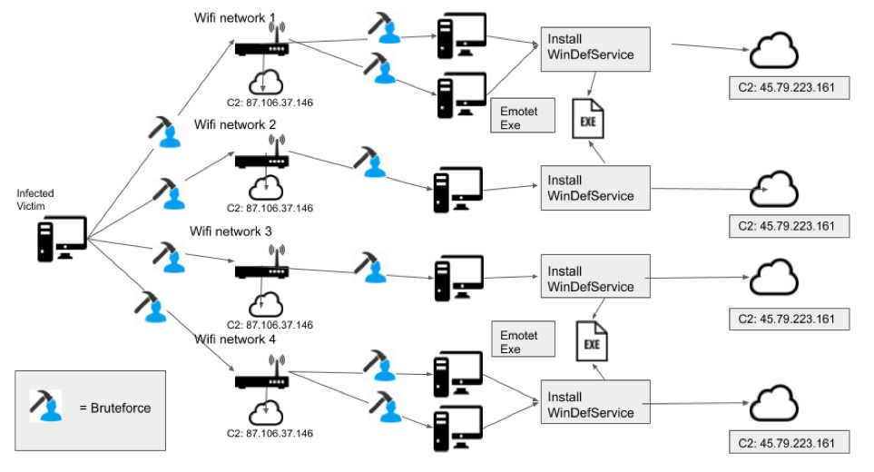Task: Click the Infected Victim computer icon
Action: [61, 238]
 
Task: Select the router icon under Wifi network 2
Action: [262, 162]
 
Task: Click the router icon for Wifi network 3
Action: [262, 270]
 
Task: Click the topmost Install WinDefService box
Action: [595, 49]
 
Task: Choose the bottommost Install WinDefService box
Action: [595, 405]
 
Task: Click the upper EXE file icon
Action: [587, 119]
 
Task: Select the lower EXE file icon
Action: [592, 342]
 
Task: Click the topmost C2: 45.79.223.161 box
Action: [788, 89]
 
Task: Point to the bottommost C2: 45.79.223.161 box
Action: [788, 444]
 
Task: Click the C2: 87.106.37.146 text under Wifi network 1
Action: [270, 103]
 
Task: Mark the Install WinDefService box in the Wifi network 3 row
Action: [595, 279]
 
